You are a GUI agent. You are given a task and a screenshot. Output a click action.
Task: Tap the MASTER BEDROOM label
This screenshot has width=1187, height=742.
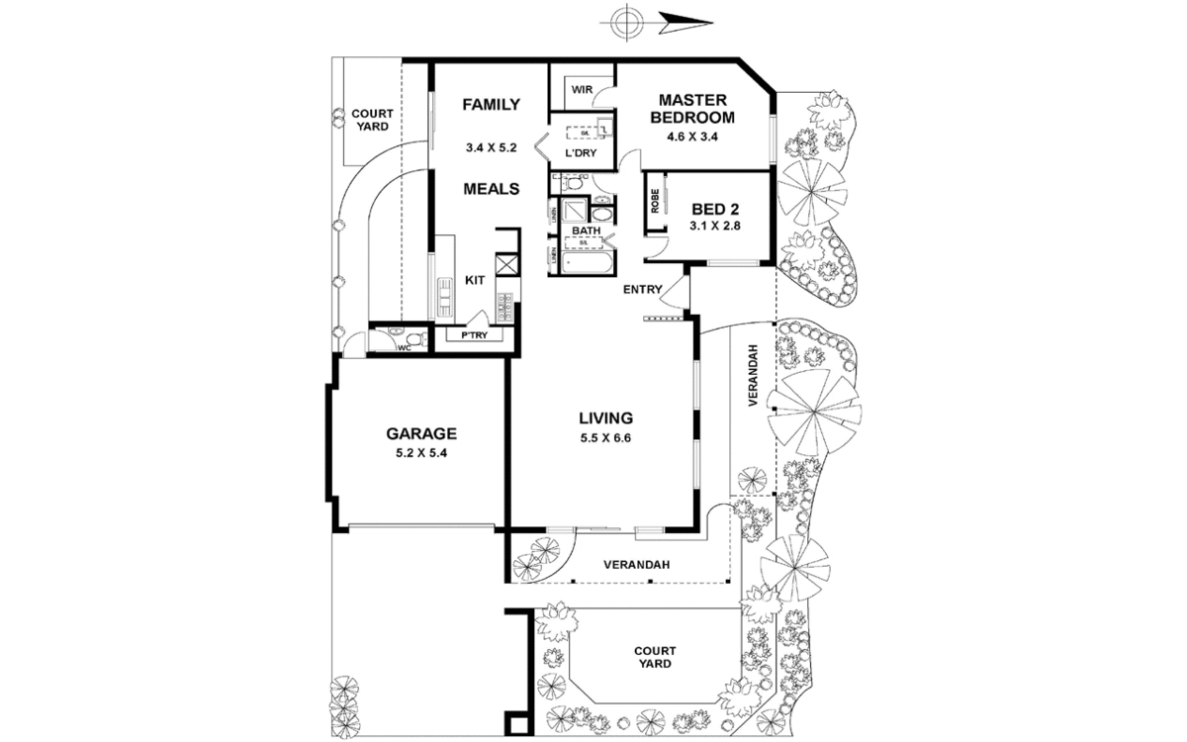click(x=693, y=108)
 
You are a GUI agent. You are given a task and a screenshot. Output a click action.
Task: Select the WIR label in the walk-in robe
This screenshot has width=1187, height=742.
click(x=581, y=90)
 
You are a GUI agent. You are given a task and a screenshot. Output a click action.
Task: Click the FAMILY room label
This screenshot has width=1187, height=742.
click(x=491, y=105)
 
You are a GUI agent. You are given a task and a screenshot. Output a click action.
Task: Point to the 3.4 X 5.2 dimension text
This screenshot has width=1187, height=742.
click(x=491, y=147)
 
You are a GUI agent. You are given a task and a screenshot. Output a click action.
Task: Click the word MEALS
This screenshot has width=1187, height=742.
click(x=492, y=188)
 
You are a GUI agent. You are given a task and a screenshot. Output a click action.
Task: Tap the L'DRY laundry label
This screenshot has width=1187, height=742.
click(x=581, y=153)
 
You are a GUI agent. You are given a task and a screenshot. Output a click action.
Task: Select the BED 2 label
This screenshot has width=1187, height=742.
click(x=715, y=209)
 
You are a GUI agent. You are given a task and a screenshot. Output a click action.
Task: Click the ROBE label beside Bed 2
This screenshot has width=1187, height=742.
click(x=655, y=202)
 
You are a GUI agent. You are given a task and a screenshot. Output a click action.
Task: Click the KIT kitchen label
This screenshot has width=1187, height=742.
click(x=475, y=280)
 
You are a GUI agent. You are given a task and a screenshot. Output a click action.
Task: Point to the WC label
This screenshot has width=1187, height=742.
click(x=404, y=347)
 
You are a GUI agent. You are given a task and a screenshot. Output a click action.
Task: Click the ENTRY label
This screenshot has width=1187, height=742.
click(x=642, y=289)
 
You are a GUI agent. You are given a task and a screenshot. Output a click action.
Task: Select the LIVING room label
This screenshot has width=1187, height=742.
click(x=605, y=417)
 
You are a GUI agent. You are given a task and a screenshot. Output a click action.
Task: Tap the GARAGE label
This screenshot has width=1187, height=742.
click(x=420, y=432)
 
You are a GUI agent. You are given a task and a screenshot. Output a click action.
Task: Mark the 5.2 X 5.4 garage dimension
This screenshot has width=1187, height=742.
click(x=420, y=453)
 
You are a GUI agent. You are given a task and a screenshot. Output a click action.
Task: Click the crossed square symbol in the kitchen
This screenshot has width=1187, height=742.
click(x=507, y=264)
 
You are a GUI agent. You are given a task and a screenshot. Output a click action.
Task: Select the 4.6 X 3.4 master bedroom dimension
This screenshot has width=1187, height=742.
click(x=693, y=136)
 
